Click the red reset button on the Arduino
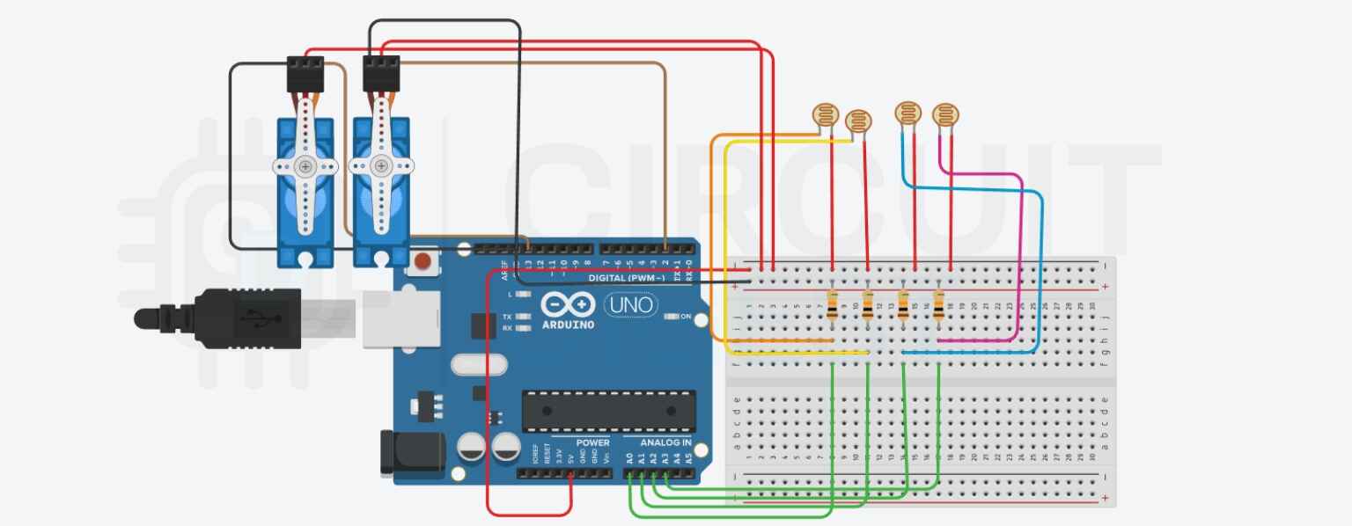coord(424,261)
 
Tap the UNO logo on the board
coord(630,304)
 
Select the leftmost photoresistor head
coord(825,113)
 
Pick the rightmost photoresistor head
coord(946,113)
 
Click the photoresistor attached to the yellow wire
coord(857,121)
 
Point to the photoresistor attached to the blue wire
coord(908,113)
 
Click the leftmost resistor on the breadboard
coord(833,308)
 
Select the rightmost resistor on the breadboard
coord(937,308)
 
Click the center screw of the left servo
coord(305,166)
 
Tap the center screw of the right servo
coord(380,165)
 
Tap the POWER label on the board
coord(592,442)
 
